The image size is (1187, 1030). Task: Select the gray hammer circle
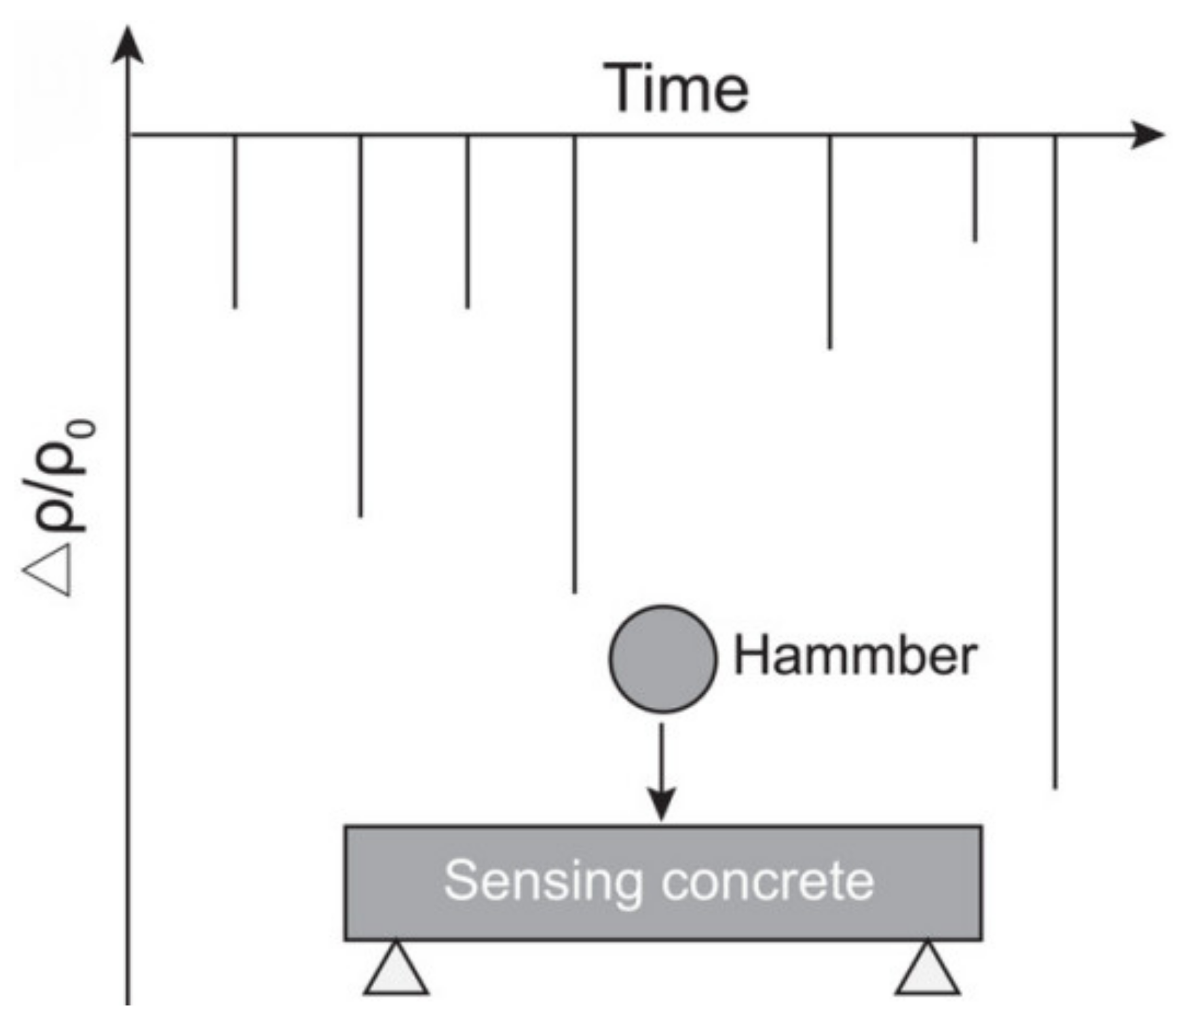coord(662,658)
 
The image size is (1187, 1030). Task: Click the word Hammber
coord(855,657)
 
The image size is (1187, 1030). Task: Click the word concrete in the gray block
coord(768,882)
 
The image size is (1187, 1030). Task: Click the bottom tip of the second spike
coord(360,515)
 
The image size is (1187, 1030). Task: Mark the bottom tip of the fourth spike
coord(575,591)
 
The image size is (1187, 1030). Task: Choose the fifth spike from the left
coord(830,242)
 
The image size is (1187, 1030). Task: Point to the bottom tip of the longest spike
coord(1055,786)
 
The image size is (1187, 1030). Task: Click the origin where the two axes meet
coord(128,135)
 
